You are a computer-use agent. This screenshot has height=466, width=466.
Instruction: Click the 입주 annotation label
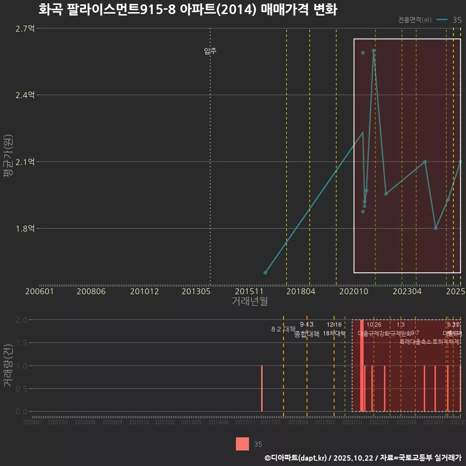click(210, 51)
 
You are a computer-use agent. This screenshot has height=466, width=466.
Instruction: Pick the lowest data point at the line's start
click(265, 273)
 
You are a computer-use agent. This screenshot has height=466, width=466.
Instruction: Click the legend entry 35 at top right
click(456, 20)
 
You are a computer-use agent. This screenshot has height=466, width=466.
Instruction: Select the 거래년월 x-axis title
click(250, 301)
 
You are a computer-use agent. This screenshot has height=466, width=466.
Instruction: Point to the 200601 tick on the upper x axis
click(39, 291)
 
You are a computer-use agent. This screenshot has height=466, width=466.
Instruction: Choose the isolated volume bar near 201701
click(262, 388)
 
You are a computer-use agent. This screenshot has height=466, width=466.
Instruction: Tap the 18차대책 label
click(334, 333)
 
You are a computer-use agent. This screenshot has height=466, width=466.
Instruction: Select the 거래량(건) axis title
click(8, 365)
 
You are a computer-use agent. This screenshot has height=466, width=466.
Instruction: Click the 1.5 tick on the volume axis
click(22, 343)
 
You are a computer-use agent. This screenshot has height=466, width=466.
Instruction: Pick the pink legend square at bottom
click(242, 444)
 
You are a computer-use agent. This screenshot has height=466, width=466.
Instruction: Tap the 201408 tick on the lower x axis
click(218, 422)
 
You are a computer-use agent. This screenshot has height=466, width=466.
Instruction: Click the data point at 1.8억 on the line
click(435, 228)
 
